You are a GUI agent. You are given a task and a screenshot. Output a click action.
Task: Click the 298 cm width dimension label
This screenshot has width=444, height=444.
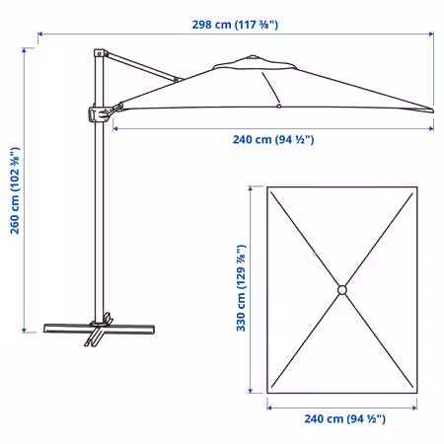point(235,25)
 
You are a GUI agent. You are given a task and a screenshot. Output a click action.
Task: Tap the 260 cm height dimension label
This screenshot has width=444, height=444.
point(15,190)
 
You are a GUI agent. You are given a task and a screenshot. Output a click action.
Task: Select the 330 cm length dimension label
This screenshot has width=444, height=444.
point(241,288)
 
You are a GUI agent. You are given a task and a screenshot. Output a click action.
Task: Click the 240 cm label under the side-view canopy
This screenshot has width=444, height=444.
point(273,139)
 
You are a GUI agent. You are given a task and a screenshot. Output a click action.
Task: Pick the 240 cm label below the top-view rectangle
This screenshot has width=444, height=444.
point(344,418)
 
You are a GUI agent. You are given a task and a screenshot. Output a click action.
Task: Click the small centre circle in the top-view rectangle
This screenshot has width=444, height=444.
point(342,290)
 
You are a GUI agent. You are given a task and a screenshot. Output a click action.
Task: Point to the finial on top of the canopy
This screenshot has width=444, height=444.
point(253,56)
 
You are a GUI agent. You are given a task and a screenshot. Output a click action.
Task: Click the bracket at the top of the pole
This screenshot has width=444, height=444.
point(100,53)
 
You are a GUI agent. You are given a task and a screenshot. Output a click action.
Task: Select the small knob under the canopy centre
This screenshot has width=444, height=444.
point(279,106)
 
